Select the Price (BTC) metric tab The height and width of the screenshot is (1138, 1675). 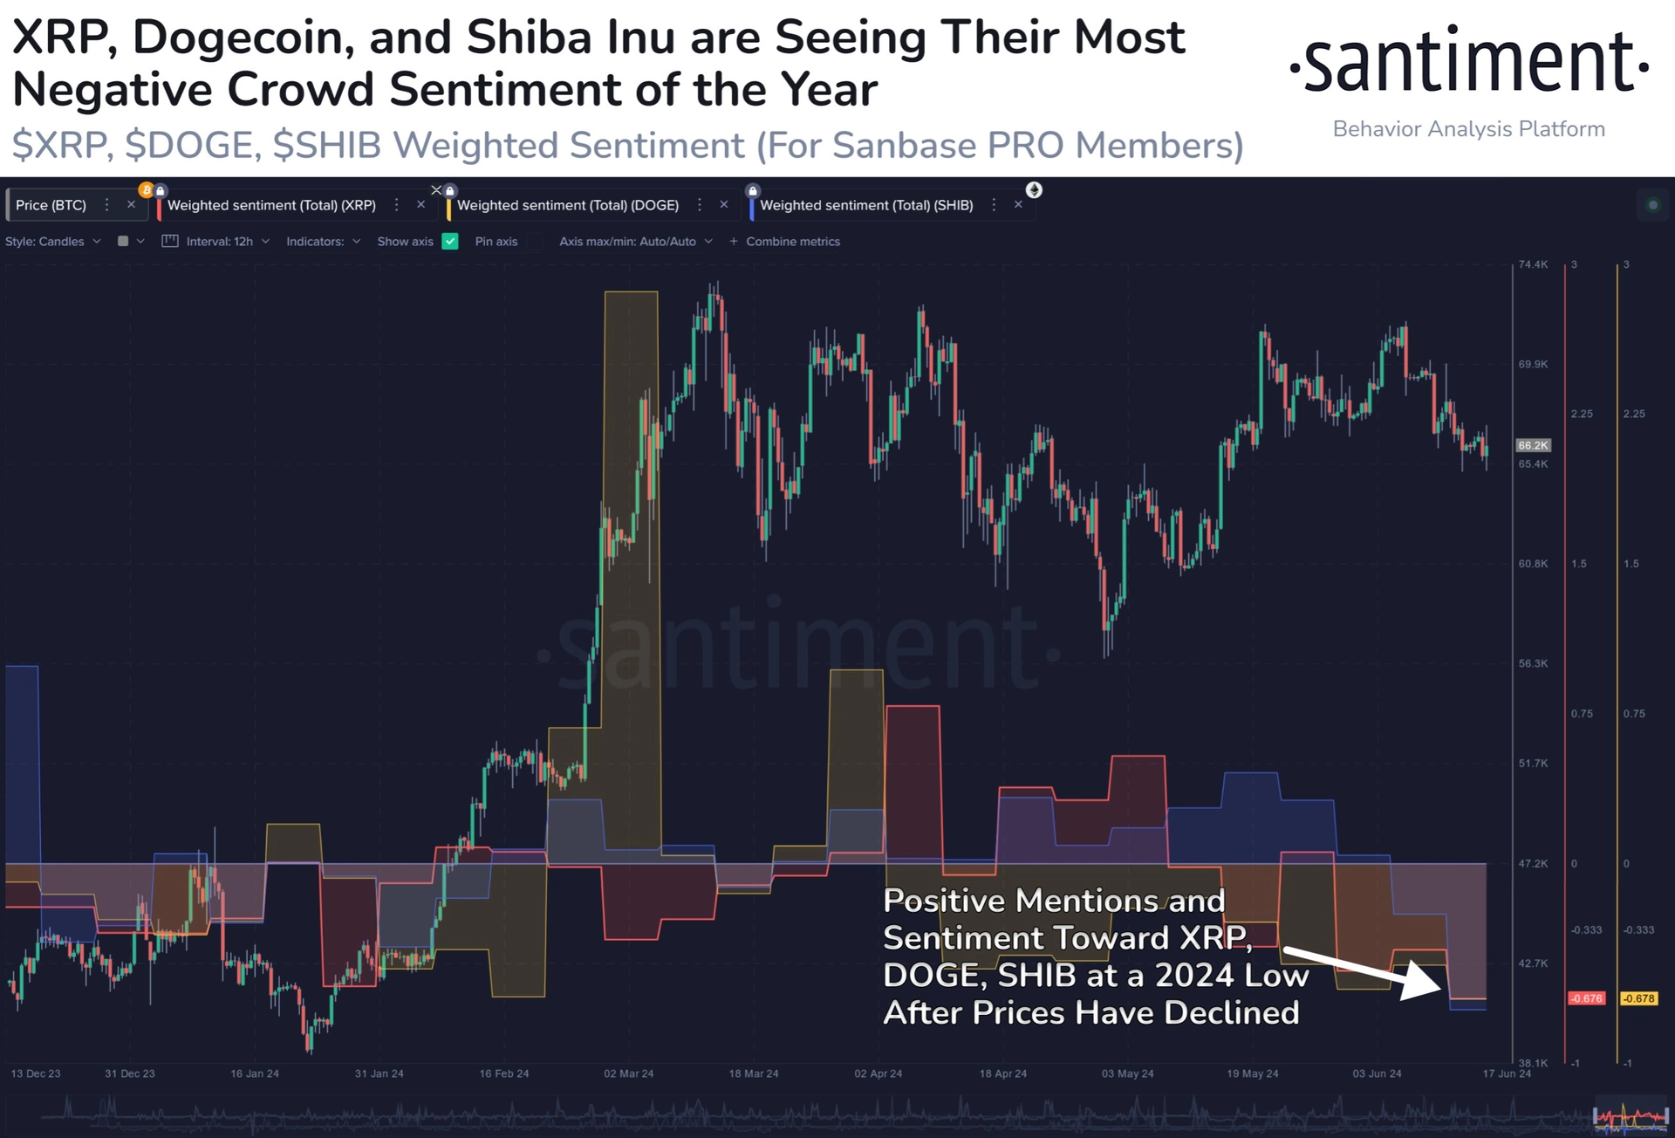tap(51, 205)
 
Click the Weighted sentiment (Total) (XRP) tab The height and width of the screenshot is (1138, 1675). tap(271, 205)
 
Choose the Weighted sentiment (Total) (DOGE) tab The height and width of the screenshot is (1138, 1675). tap(567, 205)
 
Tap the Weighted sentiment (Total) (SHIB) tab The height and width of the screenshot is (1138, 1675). tap(865, 205)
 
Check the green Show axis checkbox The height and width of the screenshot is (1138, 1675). tap(450, 242)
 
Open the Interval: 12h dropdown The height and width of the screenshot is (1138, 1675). tap(219, 242)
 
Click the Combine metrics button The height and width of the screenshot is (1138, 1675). tap(785, 242)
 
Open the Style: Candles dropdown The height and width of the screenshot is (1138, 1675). tap(52, 242)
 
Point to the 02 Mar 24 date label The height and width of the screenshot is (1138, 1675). tap(628, 1073)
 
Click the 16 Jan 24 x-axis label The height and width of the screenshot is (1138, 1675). tap(255, 1073)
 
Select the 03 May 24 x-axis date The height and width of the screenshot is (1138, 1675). tap(1127, 1073)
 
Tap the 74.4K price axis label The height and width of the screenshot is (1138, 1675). tap(1533, 264)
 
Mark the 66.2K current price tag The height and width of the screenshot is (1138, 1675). tap(1533, 445)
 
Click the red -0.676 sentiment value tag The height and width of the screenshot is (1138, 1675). tap(1586, 998)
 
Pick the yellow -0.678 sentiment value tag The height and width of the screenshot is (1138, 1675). tap(1638, 998)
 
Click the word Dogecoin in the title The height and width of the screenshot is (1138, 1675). tap(243, 38)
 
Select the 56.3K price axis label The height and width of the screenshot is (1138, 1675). tap(1533, 663)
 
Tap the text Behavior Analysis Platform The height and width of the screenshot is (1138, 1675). tap(1469, 129)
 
